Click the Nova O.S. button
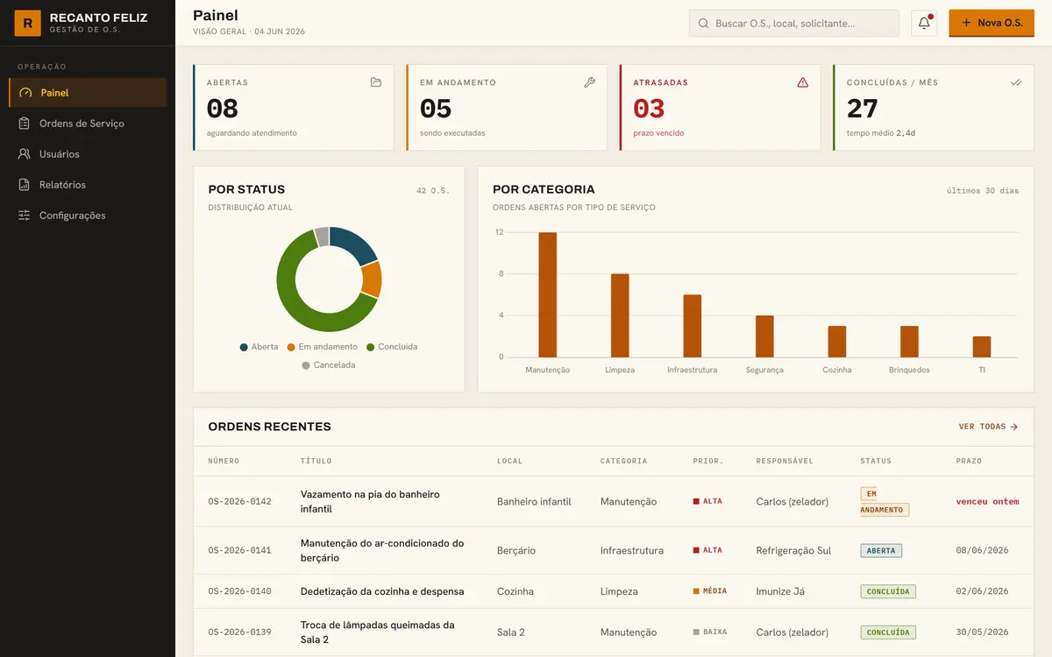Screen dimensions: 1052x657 click(x=991, y=23)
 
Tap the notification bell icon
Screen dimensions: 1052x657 click(x=924, y=23)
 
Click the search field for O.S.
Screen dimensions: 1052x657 click(x=793, y=24)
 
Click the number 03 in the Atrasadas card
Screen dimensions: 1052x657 click(x=649, y=109)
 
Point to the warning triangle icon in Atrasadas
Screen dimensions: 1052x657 click(x=803, y=82)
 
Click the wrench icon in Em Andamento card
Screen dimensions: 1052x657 click(x=589, y=82)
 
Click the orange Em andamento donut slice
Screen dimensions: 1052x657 click(x=372, y=279)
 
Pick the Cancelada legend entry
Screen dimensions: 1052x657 click(x=329, y=365)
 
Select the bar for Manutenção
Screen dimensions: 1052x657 click(x=548, y=294)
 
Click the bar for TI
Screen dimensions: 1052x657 click(x=982, y=347)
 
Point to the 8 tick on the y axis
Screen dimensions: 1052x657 click(x=501, y=273)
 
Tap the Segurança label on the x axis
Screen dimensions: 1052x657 click(x=764, y=370)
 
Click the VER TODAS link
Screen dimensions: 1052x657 click(x=988, y=427)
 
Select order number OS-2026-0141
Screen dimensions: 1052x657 click(x=239, y=550)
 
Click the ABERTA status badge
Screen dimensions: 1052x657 click(x=881, y=550)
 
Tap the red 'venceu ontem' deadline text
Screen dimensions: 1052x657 click(x=987, y=502)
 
